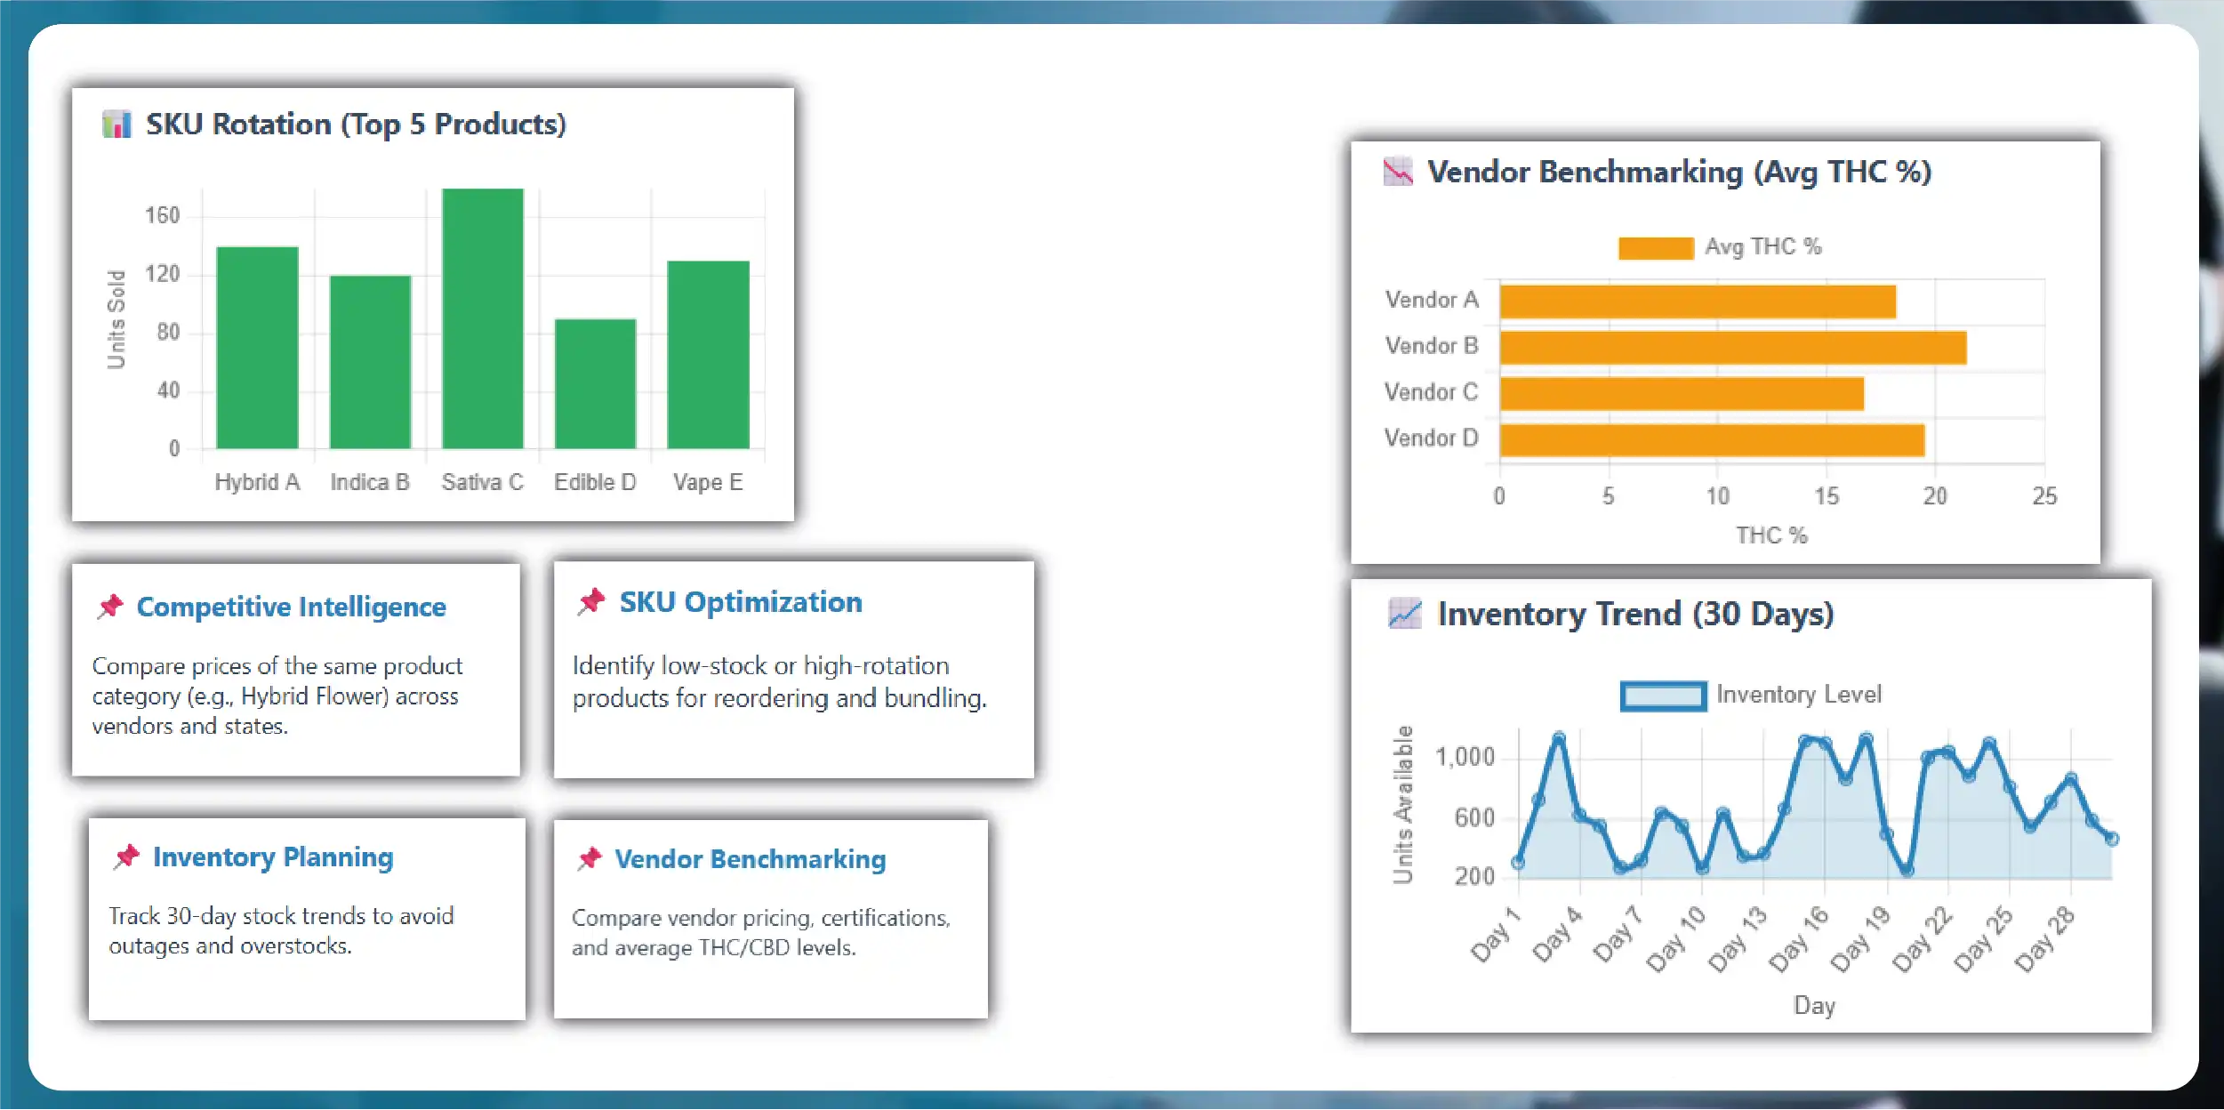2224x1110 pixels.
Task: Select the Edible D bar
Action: coord(595,383)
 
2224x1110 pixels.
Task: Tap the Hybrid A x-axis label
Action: coord(257,482)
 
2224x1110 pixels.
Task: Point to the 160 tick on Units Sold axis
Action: coord(162,215)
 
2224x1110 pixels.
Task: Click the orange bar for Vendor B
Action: coord(1732,348)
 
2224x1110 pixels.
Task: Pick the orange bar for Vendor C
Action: coord(1682,394)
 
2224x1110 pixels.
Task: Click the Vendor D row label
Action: coord(1431,438)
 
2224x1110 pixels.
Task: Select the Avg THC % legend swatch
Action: coord(1656,248)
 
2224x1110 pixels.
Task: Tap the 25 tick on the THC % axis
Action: coord(2044,496)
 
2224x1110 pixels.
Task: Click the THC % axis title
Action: coord(1771,535)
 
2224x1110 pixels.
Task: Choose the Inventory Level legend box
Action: coord(1663,696)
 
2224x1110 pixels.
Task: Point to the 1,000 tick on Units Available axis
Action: coord(1465,757)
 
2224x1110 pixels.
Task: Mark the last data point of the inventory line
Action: coord(2112,839)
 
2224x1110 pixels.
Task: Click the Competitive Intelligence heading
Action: coord(291,607)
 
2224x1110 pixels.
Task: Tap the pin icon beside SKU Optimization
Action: coord(591,602)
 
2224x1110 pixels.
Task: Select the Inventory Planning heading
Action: coord(273,857)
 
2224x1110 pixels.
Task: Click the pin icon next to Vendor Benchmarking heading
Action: coord(590,858)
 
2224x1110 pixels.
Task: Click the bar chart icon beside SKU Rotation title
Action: coord(116,124)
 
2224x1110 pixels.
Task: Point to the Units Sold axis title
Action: coord(116,318)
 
